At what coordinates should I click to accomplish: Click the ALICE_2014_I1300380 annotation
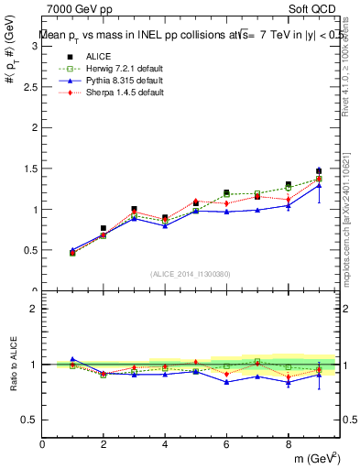(x=190, y=273)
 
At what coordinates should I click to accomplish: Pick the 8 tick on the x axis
(x=288, y=444)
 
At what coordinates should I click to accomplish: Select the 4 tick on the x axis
(x=165, y=444)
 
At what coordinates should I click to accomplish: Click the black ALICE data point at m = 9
(x=319, y=171)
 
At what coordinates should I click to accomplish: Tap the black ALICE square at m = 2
(x=104, y=228)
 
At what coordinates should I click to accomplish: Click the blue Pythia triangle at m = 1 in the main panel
(x=72, y=250)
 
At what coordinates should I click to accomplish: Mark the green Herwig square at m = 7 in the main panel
(x=257, y=193)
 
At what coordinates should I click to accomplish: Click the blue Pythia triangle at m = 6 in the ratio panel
(x=226, y=381)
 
